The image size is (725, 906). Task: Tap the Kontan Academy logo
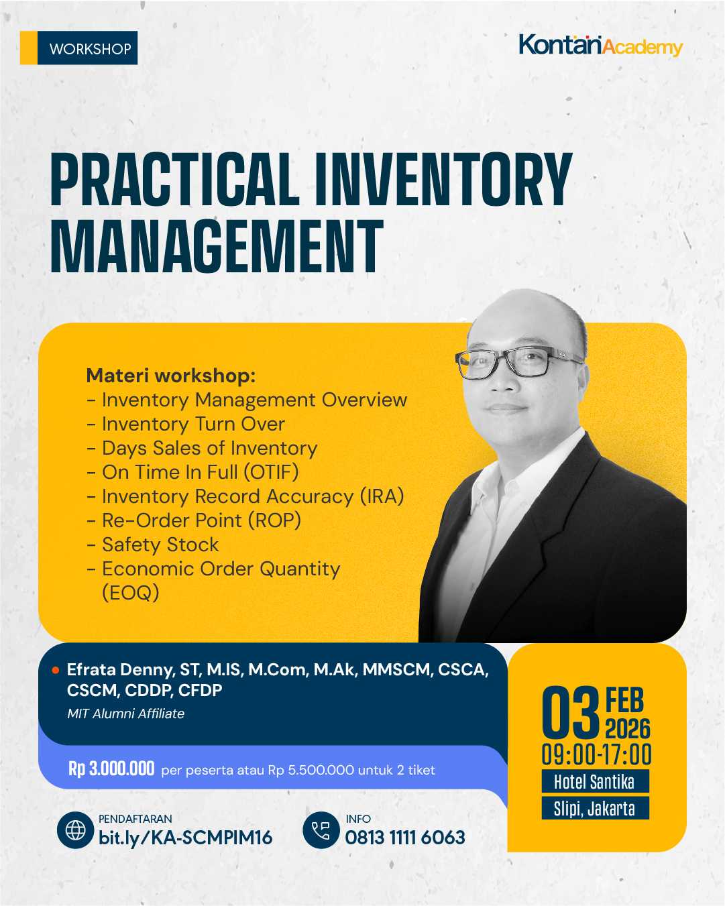pos(600,45)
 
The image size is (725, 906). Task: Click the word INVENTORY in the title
pos(443,180)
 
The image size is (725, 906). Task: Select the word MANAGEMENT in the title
pos(217,247)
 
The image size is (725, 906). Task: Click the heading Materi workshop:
pos(171,376)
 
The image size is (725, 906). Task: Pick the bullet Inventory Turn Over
pos(193,424)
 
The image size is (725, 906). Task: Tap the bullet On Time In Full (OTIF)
pos(200,472)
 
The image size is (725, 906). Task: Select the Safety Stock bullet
pos(160,545)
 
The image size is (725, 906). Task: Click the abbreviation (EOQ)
pos(130,593)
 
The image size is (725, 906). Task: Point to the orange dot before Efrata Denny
pos(56,670)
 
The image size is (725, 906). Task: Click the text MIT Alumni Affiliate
pos(125,714)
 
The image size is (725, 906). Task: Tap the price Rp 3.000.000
pos(111,769)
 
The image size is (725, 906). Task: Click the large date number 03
pos(570,712)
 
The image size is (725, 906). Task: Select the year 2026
pos(628,729)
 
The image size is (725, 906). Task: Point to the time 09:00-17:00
pos(596,754)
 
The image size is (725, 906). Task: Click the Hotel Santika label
pos(594,781)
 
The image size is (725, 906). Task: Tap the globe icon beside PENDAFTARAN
pos(75,830)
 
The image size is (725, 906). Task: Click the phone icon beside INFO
pos(321,830)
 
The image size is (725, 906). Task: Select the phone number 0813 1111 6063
pos(405,838)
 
